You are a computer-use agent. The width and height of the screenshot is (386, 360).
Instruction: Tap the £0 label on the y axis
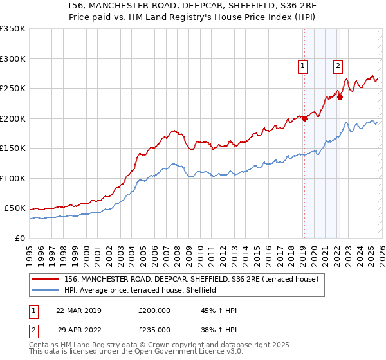(x=20, y=238)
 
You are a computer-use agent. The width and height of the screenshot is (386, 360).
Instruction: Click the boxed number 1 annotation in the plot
(x=302, y=64)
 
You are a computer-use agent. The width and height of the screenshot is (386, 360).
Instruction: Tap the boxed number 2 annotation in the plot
(x=338, y=64)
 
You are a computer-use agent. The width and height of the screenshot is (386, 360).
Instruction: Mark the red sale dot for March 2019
(x=304, y=118)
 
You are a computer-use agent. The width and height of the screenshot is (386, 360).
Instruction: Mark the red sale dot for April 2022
(x=340, y=98)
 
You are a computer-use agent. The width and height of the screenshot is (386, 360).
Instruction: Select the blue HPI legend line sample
(x=46, y=290)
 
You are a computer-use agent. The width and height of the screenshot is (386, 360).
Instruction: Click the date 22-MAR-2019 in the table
(x=79, y=310)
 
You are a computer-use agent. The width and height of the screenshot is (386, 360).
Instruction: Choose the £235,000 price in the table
(x=154, y=329)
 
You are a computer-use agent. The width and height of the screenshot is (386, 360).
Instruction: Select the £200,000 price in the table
(x=154, y=310)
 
